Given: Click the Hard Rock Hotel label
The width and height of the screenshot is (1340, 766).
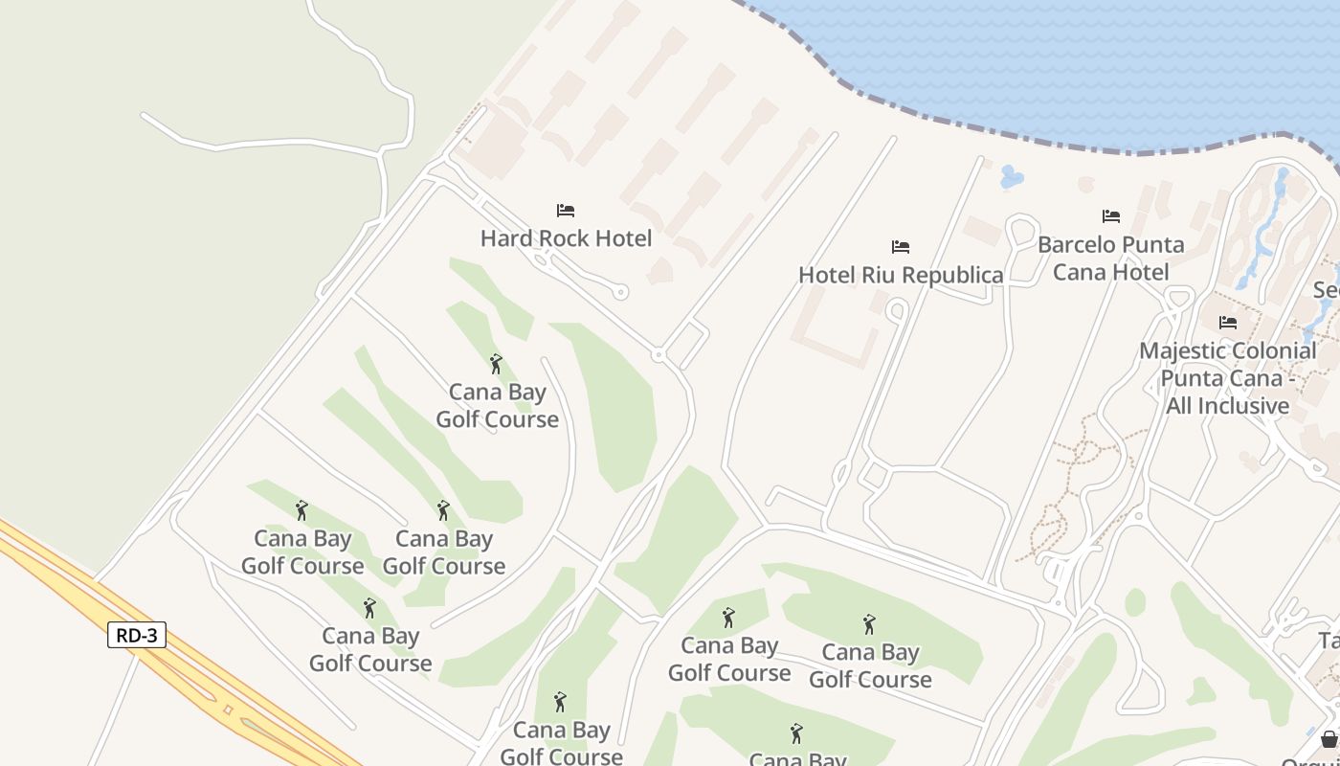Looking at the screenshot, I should point(566,238).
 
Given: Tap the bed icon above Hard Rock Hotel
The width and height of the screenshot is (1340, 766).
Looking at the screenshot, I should point(566,211).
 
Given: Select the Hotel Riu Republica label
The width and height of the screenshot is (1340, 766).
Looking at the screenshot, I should point(901,275).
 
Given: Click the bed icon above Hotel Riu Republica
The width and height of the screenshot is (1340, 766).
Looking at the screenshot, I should point(901,247).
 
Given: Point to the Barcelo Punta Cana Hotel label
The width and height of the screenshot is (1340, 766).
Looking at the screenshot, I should point(1110,259).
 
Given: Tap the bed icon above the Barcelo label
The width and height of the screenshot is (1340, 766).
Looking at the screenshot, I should point(1110,216).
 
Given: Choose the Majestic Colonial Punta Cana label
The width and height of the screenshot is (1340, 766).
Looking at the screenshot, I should point(1228,378).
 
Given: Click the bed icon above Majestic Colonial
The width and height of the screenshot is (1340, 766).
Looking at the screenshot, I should point(1228,323).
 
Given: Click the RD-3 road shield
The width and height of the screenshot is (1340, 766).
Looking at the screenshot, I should point(137,635).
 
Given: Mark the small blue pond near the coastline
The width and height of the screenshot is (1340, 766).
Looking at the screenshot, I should point(1011,177).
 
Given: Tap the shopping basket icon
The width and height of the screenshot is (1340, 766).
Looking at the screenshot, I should point(1329,739).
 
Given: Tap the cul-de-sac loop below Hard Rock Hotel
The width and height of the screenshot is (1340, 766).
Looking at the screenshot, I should point(621,292).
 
